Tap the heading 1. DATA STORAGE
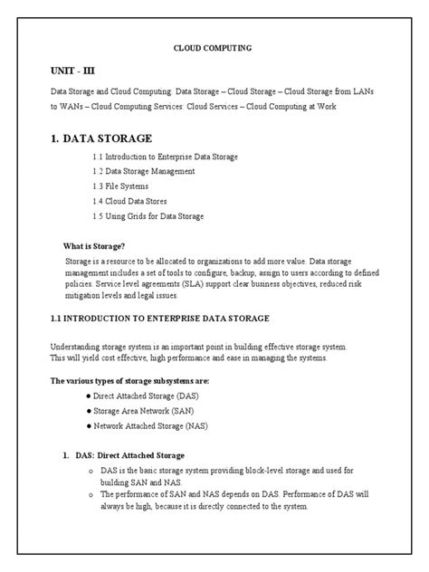tap(101, 138)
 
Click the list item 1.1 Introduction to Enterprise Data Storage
tap(165, 157)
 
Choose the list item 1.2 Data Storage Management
tap(144, 171)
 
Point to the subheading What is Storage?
tap(93, 246)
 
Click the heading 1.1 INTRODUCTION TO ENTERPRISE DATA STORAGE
tap(167, 318)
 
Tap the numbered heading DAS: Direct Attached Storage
tap(129, 455)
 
